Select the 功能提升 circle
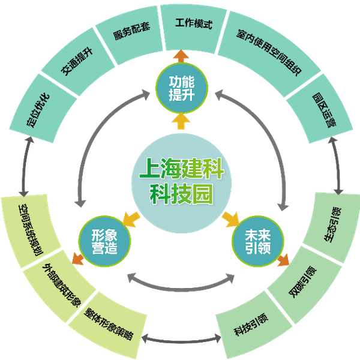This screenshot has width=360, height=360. click(x=179, y=91)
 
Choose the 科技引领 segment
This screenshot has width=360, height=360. click(x=247, y=324)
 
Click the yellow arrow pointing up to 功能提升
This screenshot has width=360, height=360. click(x=179, y=122)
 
